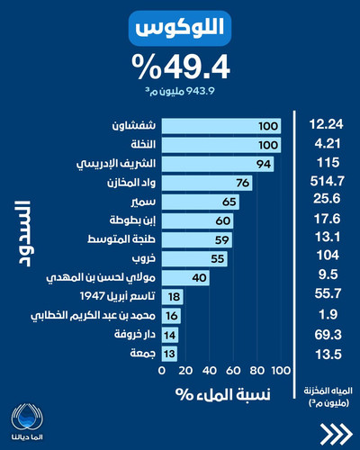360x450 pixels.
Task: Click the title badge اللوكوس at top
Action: click(180, 30)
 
